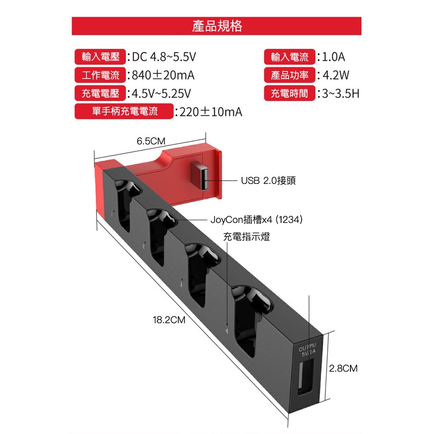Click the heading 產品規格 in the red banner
click(x=217, y=26)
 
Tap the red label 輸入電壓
click(x=100, y=57)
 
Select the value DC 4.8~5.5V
click(x=164, y=57)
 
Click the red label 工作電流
click(x=100, y=75)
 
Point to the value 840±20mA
click(x=163, y=75)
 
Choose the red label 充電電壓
click(x=100, y=93)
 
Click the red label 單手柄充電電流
click(x=124, y=112)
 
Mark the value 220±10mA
click(x=211, y=112)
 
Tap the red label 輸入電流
click(x=290, y=57)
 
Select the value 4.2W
click(x=336, y=75)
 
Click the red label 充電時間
click(x=290, y=93)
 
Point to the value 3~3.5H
click(x=341, y=93)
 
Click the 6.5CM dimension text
click(x=151, y=141)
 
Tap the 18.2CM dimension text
click(x=169, y=320)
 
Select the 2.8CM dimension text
click(x=343, y=368)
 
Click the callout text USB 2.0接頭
click(x=268, y=181)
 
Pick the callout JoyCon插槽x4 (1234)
click(x=256, y=220)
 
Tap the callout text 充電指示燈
click(x=246, y=237)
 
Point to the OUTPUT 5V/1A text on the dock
click(x=308, y=350)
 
